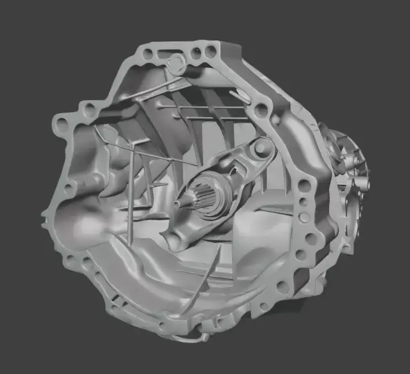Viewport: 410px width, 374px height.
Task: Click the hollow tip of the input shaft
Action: (x=178, y=203)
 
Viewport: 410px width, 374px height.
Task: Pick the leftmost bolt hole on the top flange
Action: (x=148, y=54)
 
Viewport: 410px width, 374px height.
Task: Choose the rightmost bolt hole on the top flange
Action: (x=210, y=52)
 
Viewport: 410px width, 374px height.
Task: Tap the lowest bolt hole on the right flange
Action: (x=283, y=287)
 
